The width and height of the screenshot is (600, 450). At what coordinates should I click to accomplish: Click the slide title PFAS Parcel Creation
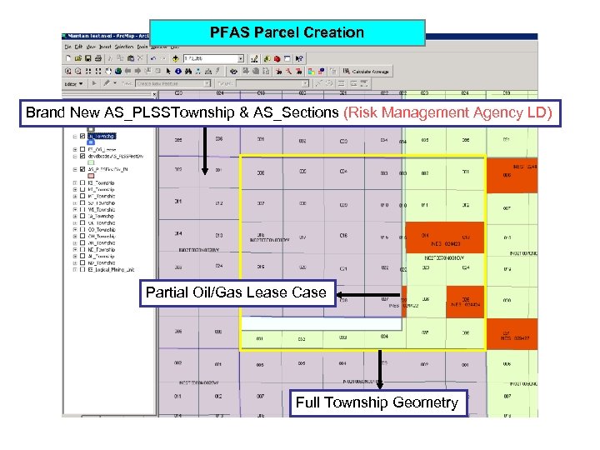click(x=287, y=32)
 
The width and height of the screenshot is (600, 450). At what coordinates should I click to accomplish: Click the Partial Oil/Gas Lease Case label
click(x=236, y=292)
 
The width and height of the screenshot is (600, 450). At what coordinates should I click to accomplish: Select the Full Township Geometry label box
click(x=377, y=403)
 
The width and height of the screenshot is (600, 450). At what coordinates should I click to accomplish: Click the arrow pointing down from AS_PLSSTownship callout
click(x=203, y=154)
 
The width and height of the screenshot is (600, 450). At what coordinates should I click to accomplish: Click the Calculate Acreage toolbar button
click(x=367, y=72)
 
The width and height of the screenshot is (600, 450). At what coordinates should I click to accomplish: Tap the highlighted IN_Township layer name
click(x=104, y=136)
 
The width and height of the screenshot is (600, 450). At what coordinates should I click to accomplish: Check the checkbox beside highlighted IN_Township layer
click(x=82, y=136)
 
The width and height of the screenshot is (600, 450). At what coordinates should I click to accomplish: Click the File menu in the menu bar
click(x=68, y=47)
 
